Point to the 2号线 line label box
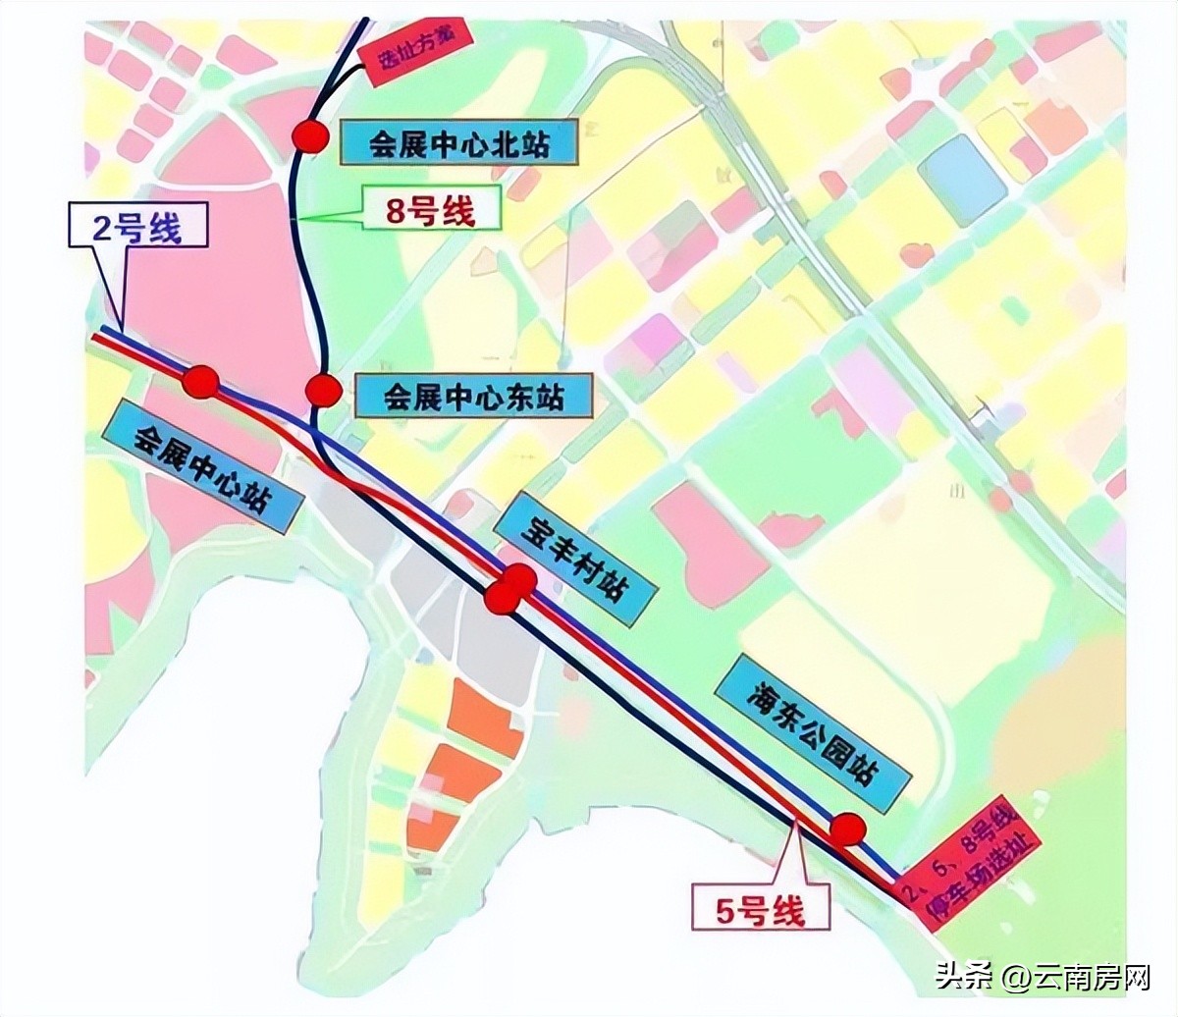(x=138, y=227)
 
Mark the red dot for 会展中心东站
(x=322, y=390)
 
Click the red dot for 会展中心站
(x=201, y=382)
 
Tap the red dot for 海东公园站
(x=845, y=830)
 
